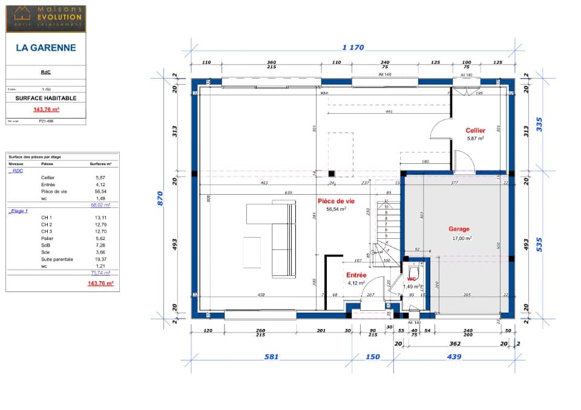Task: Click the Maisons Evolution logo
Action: coord(46,18)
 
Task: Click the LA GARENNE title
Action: coord(46,47)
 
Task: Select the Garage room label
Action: coord(459,229)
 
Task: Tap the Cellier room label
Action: coord(475,131)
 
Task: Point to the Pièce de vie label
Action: coord(336,201)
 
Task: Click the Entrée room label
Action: coord(356,275)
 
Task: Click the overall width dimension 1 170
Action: coord(353,48)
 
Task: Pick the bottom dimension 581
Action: coord(271,357)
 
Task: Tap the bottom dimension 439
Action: coord(453,357)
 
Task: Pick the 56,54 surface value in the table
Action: coord(100,191)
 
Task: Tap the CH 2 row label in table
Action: coord(47,225)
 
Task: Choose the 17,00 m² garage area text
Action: coord(462,238)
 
